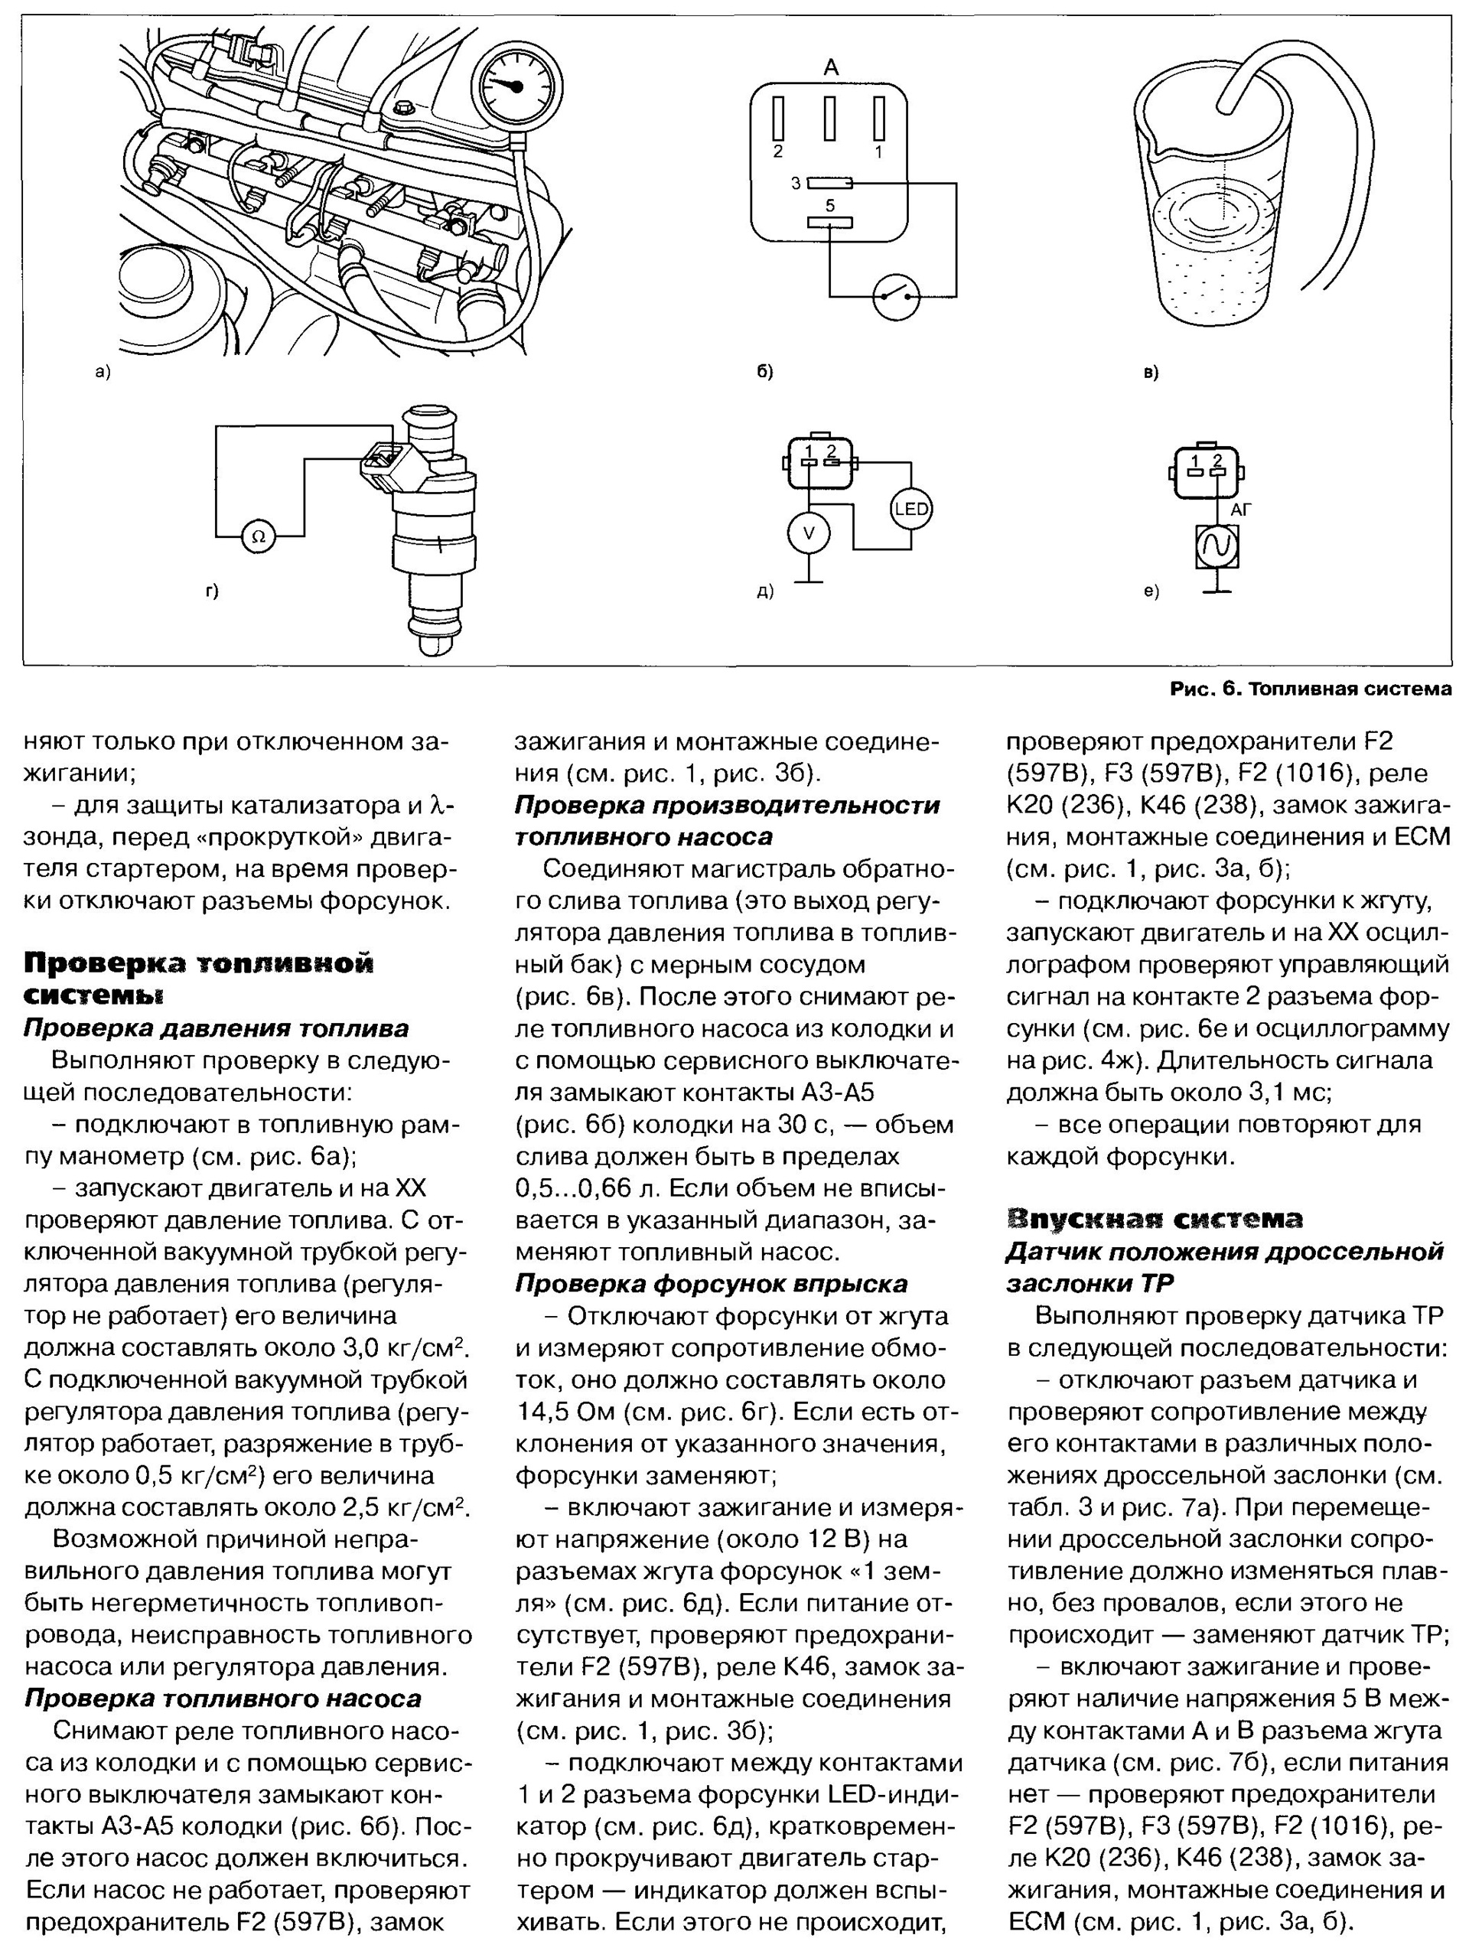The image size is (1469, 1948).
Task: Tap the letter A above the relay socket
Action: point(830,68)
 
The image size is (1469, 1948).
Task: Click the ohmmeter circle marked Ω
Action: point(258,536)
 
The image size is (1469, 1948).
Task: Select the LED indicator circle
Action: point(910,508)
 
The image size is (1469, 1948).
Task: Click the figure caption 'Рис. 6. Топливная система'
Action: point(1310,689)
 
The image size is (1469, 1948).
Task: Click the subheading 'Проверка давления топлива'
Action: point(216,1028)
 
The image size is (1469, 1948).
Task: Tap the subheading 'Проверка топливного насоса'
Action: point(222,1698)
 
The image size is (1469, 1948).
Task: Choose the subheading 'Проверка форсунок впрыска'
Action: point(711,1283)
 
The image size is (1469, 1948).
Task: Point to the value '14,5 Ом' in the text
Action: point(568,1412)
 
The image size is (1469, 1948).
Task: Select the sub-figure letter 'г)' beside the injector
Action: point(211,591)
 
